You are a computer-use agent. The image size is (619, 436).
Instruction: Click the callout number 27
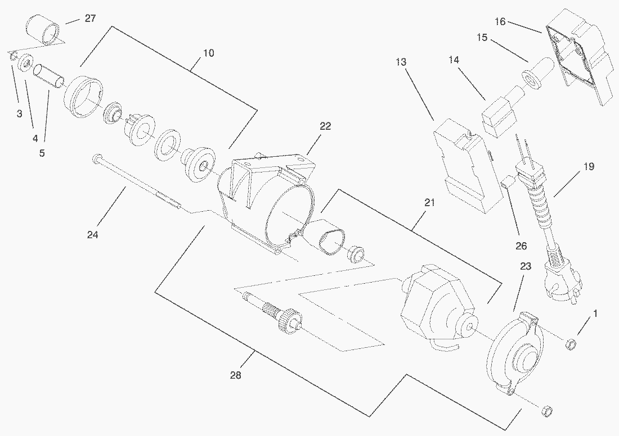tap(89, 19)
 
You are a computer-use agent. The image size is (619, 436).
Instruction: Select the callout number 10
tap(209, 53)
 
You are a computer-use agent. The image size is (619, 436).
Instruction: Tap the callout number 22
tap(325, 126)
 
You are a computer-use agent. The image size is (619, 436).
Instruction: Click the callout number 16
tap(500, 22)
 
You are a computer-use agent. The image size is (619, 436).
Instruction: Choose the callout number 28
tap(235, 375)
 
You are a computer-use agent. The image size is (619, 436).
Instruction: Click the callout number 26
tap(521, 246)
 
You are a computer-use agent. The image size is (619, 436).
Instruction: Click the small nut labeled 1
tap(569, 342)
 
